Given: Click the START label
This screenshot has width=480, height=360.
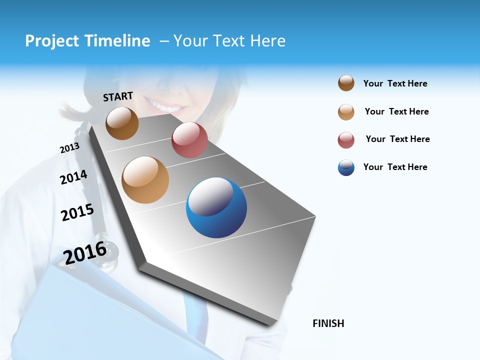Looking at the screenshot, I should click(x=118, y=96).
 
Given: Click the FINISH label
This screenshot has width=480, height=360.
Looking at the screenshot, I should click(x=328, y=323).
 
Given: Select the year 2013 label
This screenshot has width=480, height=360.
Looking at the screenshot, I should click(x=69, y=148).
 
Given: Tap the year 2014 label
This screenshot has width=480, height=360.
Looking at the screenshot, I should click(x=73, y=177).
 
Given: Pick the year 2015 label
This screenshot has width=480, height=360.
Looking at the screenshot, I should click(x=77, y=212).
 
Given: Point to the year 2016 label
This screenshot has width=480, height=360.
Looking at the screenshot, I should click(x=85, y=253).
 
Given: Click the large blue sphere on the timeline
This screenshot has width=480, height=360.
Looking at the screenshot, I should click(x=216, y=207).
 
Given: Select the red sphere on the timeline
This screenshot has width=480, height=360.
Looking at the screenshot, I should click(x=189, y=140).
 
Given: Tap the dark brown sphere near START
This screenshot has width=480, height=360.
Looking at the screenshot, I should click(x=122, y=123).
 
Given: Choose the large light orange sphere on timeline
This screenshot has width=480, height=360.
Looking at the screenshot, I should click(x=145, y=180).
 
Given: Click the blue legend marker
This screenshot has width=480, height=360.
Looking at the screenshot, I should click(x=346, y=167).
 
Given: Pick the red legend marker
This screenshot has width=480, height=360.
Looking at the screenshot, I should click(x=346, y=140).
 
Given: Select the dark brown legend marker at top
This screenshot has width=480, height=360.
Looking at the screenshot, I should click(x=346, y=83).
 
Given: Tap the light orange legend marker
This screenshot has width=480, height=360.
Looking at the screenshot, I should click(x=346, y=112).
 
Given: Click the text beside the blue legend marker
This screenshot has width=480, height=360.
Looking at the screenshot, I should click(x=395, y=167).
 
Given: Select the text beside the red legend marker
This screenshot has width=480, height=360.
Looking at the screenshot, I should click(x=397, y=139).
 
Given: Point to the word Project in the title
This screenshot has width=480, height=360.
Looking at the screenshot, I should click(x=52, y=41).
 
